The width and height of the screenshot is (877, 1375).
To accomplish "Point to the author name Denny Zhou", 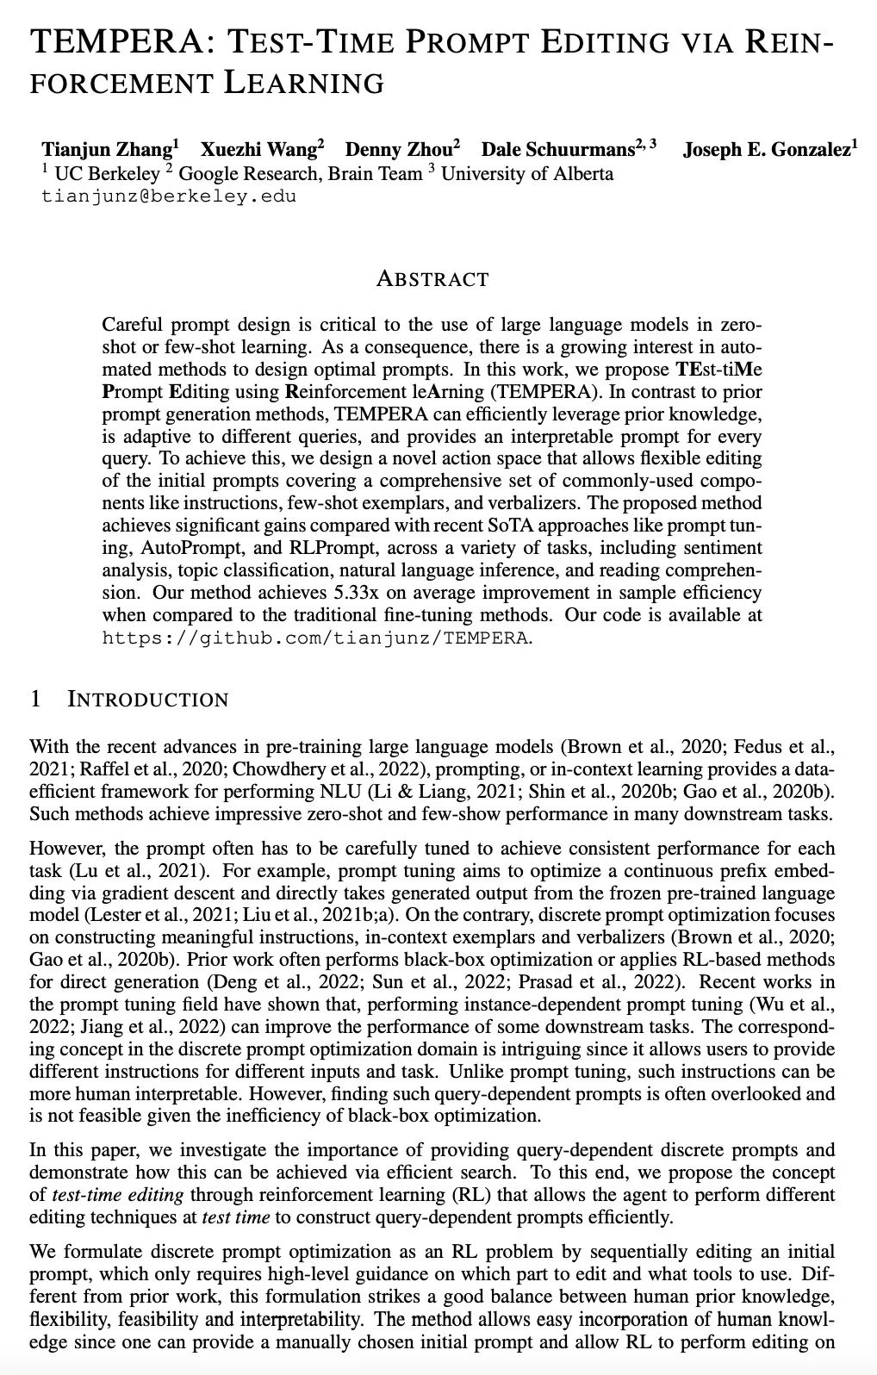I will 398,150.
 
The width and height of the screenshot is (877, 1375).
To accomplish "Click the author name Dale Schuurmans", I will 557,150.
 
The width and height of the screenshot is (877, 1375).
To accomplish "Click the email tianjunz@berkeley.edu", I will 169,196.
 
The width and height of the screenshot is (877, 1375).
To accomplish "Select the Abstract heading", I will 432,279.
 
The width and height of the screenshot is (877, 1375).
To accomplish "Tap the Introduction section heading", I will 147,699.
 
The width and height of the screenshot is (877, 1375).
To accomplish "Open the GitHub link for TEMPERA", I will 316,638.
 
